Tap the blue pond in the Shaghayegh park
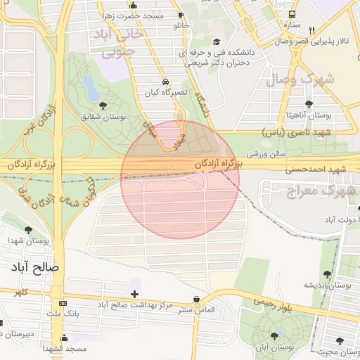point(91,88)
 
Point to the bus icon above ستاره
point(292,14)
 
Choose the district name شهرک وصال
point(299,79)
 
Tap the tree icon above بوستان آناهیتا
point(309,104)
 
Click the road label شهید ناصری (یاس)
point(295,131)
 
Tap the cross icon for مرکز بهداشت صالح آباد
point(134,292)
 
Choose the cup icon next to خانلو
point(182,15)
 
